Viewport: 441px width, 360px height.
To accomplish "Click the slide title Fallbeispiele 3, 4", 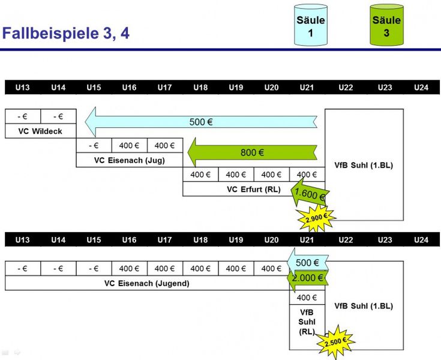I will coord(66,33).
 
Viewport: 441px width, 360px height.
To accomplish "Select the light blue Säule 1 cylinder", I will coord(311,25).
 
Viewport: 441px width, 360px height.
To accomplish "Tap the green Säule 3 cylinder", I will coord(386,25).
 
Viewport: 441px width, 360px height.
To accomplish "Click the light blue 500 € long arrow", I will coord(201,122).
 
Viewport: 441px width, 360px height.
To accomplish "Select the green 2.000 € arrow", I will coord(308,278).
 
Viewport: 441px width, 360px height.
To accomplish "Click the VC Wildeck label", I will coord(40,131).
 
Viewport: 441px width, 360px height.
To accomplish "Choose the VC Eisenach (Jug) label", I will coord(129,160).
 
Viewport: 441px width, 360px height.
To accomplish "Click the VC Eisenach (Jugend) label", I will coord(146,283).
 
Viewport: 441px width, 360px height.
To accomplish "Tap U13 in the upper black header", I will coord(22,88).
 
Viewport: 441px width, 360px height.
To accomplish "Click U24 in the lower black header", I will coord(421,240).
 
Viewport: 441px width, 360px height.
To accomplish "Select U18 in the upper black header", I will coord(200,88).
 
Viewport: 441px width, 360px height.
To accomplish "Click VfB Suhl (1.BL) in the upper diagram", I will coord(364,165).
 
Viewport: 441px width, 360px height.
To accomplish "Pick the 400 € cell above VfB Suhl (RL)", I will coord(307,298).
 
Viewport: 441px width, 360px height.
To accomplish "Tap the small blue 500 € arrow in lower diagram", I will coord(307,263).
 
